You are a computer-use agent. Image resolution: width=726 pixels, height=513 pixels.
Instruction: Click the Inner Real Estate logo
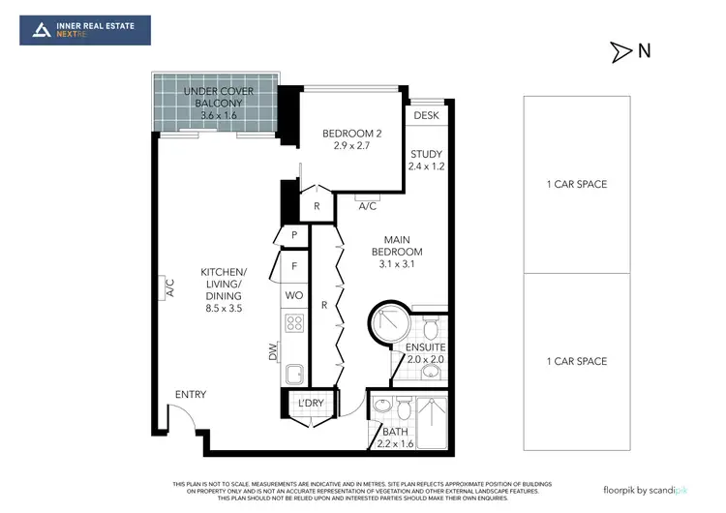click(x=85, y=30)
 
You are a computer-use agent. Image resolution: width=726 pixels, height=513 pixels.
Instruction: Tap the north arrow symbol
click(x=619, y=52)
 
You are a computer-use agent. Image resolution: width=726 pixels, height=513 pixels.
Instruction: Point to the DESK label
click(x=426, y=116)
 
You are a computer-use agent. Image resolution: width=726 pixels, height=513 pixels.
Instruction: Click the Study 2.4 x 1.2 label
click(x=426, y=160)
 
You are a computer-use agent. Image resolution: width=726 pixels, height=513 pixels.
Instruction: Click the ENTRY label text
click(x=190, y=394)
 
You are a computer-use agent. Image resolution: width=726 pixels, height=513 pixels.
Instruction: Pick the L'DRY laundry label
click(x=311, y=402)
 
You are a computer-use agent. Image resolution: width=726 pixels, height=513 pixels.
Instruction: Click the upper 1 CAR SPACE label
click(x=577, y=184)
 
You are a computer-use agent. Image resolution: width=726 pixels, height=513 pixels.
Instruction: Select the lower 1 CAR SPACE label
click(x=577, y=361)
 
